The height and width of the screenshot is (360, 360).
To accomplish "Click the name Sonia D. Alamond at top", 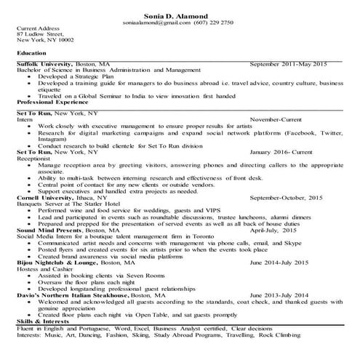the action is pyautogui.click(x=180, y=15).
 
